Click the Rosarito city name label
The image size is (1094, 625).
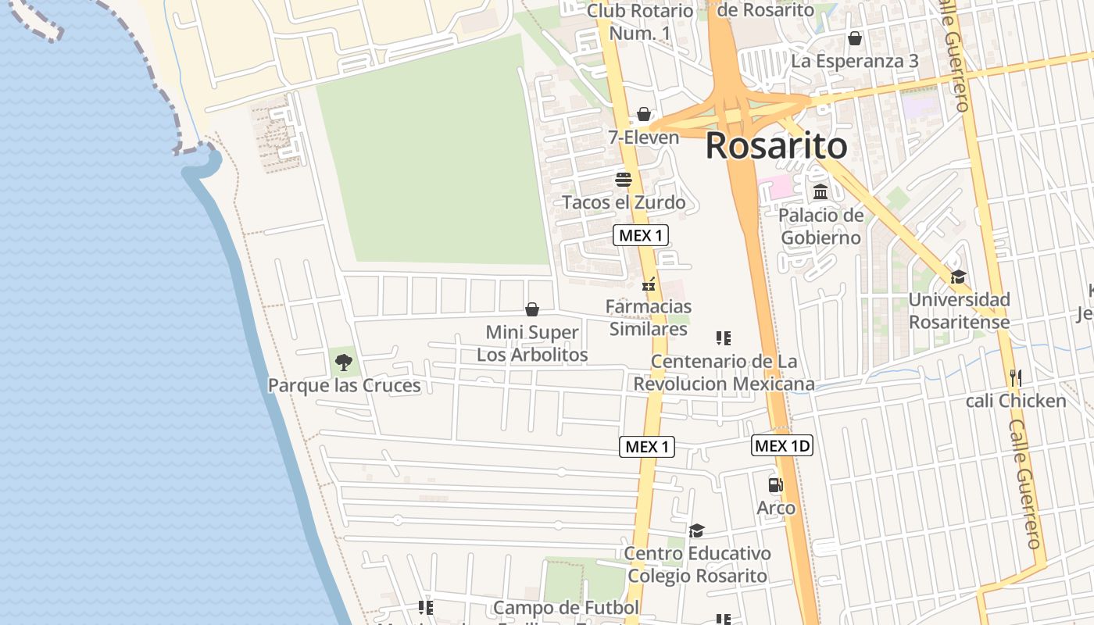[x=776, y=146]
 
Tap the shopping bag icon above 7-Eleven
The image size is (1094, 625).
[x=644, y=114]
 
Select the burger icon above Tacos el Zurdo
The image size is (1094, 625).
[x=623, y=180]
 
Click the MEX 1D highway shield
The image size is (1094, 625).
[x=782, y=446]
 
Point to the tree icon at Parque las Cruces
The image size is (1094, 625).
[x=343, y=362]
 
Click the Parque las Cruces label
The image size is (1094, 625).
[x=344, y=385]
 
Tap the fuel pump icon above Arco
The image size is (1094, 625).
[x=775, y=485]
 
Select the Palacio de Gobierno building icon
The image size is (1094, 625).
[x=820, y=192]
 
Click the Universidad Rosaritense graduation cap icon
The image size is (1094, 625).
[x=958, y=277]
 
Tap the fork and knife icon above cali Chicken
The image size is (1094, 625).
[x=1015, y=378]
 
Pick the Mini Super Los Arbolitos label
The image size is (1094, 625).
[x=532, y=343]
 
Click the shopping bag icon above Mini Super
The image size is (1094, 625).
[x=532, y=309]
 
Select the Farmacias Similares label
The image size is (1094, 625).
[x=649, y=317]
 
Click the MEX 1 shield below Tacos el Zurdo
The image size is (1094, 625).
[x=641, y=235]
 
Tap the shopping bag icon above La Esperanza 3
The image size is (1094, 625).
[x=855, y=38]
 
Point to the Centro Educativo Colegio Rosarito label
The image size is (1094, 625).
[x=697, y=564]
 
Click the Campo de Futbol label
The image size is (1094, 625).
[x=566, y=608]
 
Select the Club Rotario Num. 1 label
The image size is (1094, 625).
[x=639, y=22]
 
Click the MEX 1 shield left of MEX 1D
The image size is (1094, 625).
[x=647, y=447]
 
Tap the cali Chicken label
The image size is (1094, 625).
[x=1016, y=401]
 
